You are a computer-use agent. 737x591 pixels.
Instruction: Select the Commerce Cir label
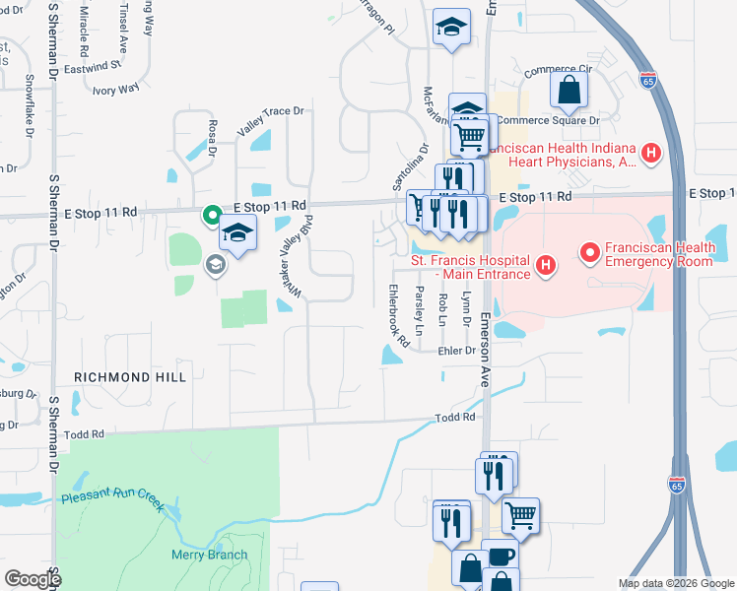point(556,71)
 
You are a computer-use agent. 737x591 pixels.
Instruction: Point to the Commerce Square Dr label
point(548,120)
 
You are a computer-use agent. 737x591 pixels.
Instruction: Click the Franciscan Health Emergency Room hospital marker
point(590,254)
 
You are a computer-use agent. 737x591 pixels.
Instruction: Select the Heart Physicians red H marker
point(649,153)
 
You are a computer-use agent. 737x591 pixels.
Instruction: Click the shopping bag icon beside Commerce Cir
point(570,91)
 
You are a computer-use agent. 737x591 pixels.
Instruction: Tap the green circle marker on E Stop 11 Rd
point(211,214)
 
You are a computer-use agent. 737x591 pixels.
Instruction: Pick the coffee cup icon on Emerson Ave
point(501,556)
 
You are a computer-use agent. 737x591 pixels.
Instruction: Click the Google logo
point(33,579)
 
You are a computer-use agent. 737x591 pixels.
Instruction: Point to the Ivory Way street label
point(115,90)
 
